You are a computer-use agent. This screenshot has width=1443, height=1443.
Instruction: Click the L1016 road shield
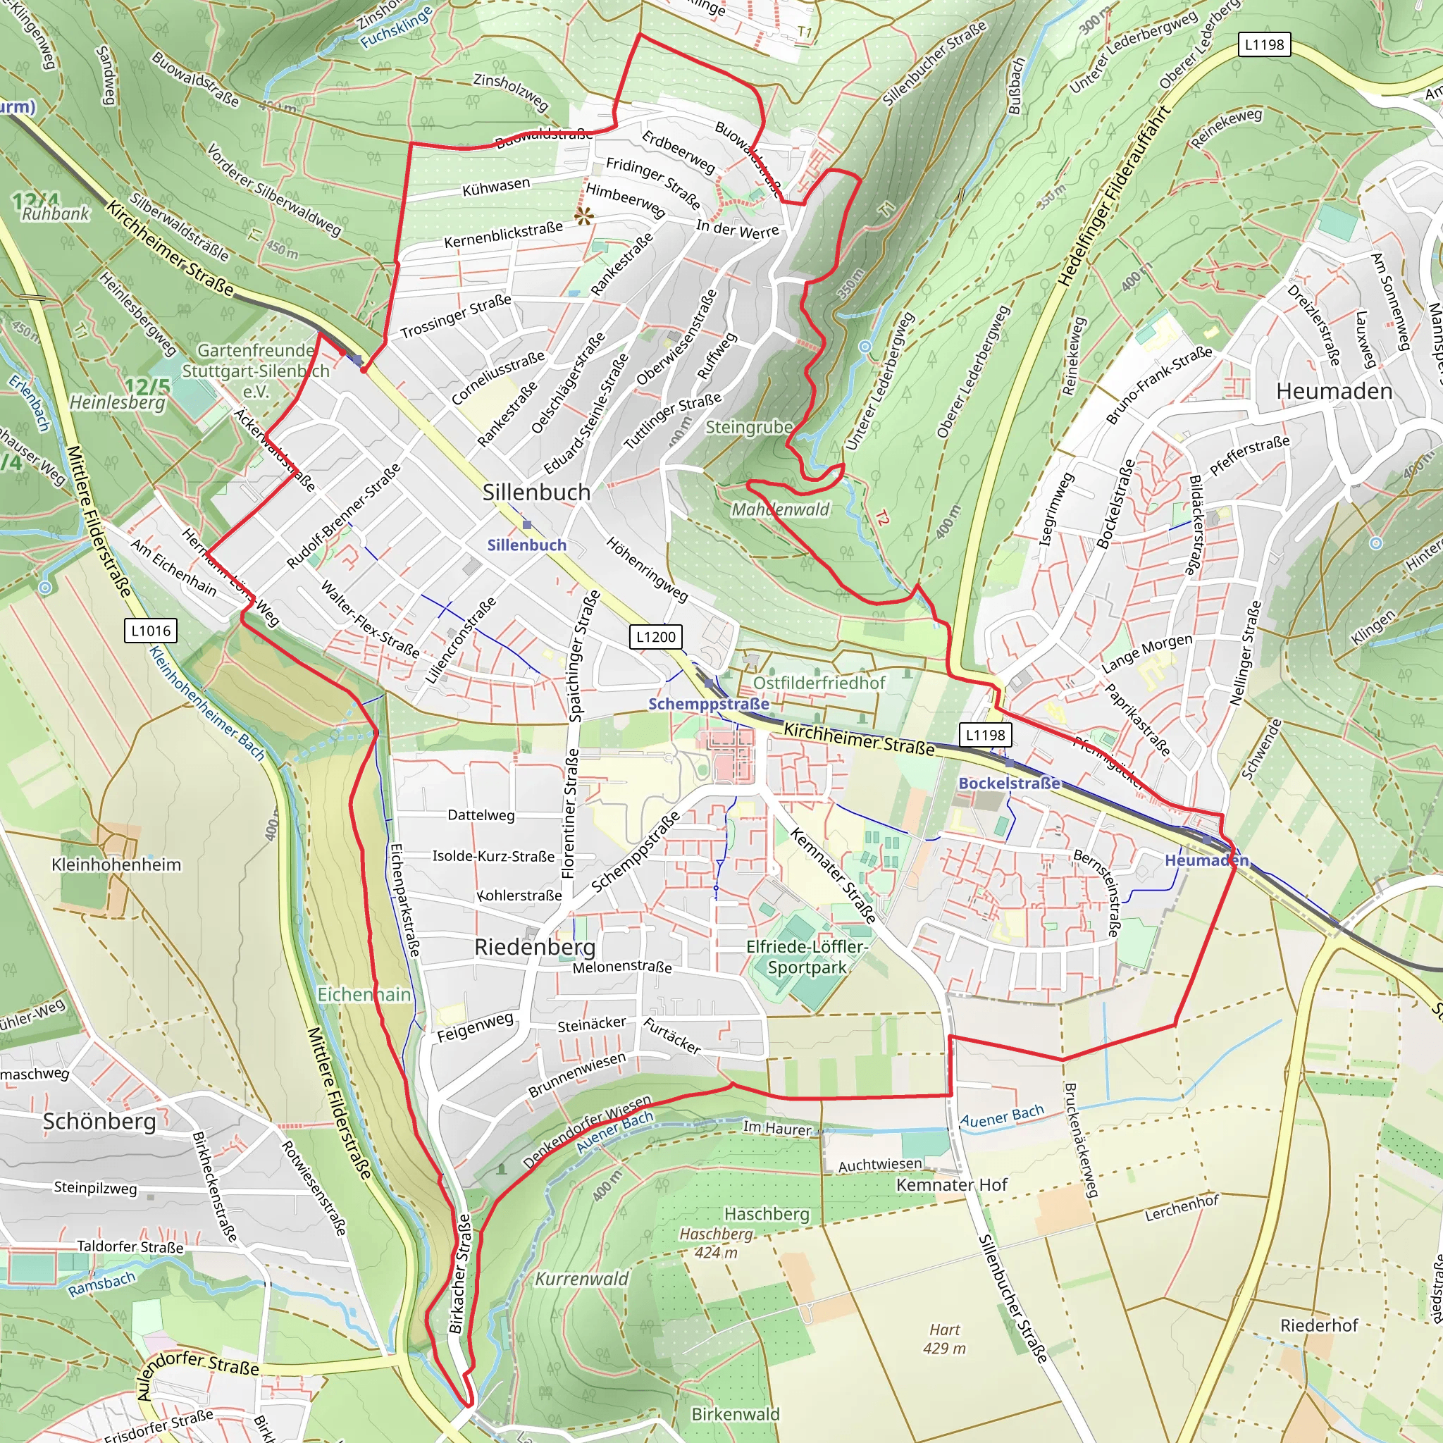[x=151, y=631]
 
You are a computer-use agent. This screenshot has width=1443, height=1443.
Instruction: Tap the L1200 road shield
[x=655, y=636]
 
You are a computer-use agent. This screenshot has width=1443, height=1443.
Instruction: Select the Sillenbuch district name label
[x=536, y=493]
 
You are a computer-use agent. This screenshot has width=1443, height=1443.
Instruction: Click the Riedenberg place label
[x=535, y=947]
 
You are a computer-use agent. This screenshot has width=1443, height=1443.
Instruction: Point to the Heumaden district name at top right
[x=1334, y=390]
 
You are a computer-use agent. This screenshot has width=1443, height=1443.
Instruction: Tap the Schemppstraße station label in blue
[x=708, y=704]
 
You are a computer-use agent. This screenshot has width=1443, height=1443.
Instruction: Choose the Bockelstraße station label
[x=1009, y=783]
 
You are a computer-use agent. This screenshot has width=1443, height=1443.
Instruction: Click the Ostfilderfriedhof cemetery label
[x=819, y=683]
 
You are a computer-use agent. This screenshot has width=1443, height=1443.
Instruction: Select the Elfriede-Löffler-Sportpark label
[x=807, y=957]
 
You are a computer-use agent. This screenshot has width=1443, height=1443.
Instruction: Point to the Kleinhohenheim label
[x=116, y=865]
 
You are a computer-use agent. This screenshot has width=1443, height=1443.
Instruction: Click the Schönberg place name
[x=99, y=1121]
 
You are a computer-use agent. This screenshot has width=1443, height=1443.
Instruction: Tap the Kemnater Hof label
[x=951, y=1184]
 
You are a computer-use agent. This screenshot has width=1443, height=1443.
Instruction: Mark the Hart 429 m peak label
[x=944, y=1339]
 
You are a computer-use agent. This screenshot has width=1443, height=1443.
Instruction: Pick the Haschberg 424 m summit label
[x=716, y=1243]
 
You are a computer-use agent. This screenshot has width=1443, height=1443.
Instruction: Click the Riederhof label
[x=1319, y=1325]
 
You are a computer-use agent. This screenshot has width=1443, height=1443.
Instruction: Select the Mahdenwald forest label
[x=781, y=509]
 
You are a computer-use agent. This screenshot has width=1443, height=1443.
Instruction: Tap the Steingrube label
[x=749, y=427]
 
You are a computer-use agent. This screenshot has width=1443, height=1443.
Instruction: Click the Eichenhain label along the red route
[x=364, y=995]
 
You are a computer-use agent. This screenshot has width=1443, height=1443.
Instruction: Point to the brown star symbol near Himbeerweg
[x=584, y=216]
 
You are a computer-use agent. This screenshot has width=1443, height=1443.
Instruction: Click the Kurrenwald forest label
[x=582, y=1279]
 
